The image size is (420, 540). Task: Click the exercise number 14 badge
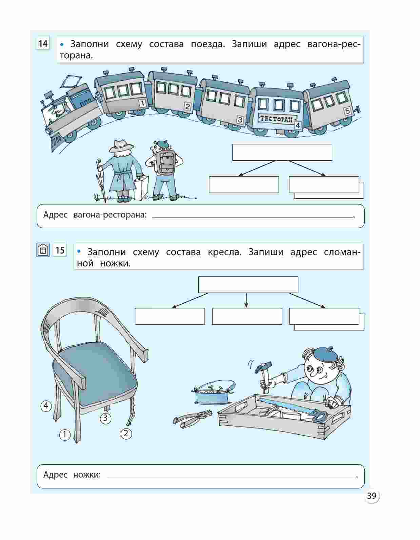tap(43, 44)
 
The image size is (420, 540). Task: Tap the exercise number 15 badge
tap(60, 250)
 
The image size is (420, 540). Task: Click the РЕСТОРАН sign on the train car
tap(276, 119)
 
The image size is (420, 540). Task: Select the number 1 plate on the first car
tap(142, 103)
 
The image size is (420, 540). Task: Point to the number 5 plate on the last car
tap(347, 111)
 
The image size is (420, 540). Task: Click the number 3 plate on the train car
tap(240, 120)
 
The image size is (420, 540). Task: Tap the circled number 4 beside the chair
tap(46, 406)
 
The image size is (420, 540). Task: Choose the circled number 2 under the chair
tap(126, 434)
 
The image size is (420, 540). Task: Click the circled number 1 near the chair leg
tap(65, 435)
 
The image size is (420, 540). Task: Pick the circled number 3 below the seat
tap(105, 418)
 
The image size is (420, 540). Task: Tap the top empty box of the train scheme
tap(282, 152)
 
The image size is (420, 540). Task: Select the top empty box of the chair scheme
tap(248, 284)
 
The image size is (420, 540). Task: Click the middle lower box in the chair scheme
tap(247, 316)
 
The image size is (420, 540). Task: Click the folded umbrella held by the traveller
tap(101, 179)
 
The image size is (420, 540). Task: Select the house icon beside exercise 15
tap(43, 250)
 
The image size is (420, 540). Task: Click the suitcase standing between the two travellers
tap(142, 187)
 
